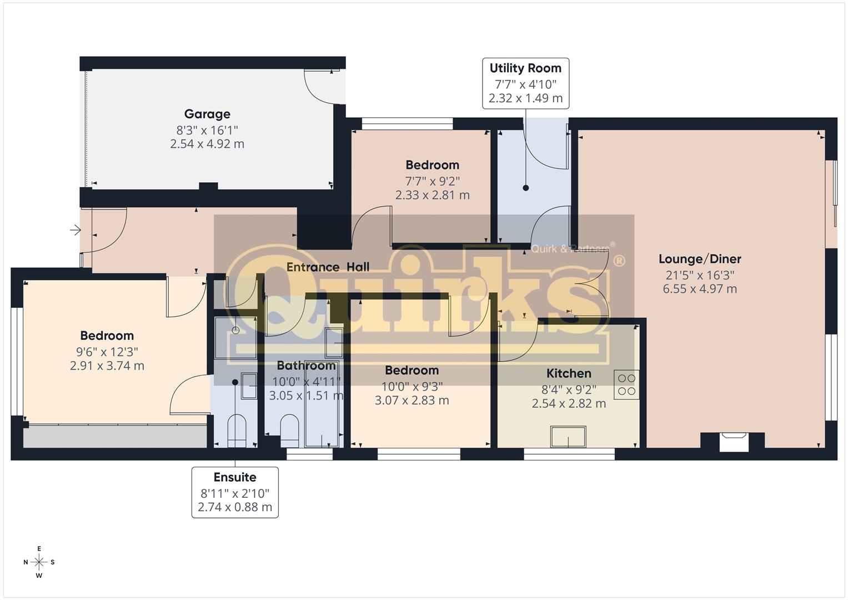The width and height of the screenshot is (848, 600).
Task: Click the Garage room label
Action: (x=207, y=114)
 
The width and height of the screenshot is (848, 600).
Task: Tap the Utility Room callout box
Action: (x=525, y=83)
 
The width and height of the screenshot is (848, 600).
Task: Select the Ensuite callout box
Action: (x=235, y=492)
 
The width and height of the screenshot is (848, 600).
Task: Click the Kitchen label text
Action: (x=569, y=373)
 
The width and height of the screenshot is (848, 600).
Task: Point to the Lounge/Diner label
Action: (x=700, y=259)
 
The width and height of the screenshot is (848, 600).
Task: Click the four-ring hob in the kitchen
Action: (x=626, y=384)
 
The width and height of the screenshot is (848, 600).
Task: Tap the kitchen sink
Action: (x=568, y=436)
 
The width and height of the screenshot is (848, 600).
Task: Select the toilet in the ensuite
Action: (x=237, y=431)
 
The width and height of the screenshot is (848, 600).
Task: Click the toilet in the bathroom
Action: (x=289, y=431)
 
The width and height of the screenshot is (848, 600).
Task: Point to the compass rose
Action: (x=39, y=562)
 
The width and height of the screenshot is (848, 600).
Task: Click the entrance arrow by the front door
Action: (x=76, y=230)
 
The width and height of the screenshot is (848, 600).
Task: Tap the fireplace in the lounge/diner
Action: (x=734, y=442)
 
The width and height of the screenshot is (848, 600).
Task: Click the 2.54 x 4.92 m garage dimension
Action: (x=207, y=144)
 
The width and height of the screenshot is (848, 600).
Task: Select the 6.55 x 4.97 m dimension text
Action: (x=700, y=289)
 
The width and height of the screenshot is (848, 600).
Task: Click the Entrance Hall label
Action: (x=328, y=267)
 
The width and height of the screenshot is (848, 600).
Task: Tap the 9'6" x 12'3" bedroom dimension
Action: (x=107, y=352)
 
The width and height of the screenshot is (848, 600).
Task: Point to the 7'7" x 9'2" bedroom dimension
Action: (x=432, y=181)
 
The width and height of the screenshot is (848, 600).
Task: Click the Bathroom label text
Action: (x=306, y=366)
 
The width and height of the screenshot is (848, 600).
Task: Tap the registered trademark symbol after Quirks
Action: (x=619, y=261)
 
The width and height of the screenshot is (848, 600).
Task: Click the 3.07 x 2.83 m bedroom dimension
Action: (x=412, y=401)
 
